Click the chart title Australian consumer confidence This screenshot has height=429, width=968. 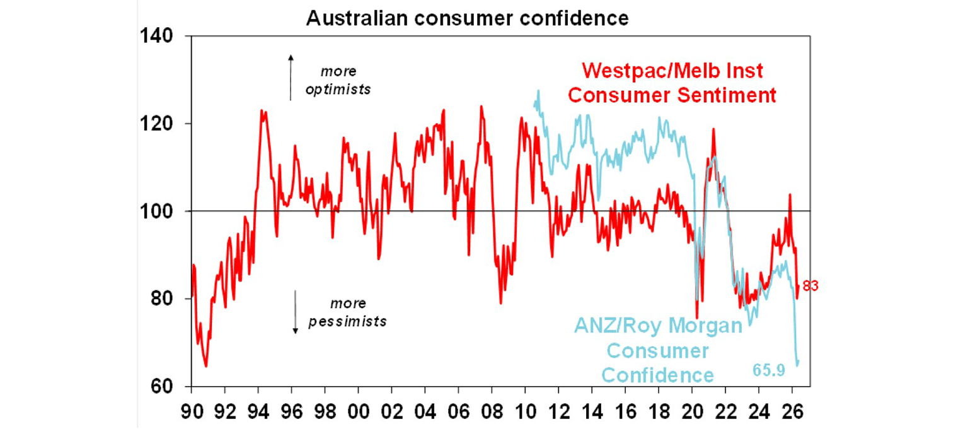467,18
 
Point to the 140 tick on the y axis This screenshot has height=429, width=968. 156,35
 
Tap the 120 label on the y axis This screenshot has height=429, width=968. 156,124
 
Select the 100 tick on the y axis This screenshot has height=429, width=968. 156,211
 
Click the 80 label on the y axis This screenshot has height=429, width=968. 162,298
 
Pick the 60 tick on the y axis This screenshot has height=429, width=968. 162,386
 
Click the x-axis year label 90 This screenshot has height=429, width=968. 192,411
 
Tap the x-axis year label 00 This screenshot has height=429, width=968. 359,411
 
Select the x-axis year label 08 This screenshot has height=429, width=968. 492,411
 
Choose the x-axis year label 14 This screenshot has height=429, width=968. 592,411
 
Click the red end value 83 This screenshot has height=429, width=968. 810,286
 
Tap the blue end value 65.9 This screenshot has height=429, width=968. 769,370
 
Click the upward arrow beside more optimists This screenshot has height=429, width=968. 291,78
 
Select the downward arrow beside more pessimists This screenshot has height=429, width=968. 296,312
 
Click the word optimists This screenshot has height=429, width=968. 338,90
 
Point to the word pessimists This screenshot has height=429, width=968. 347,322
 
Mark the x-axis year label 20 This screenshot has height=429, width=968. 693,411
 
